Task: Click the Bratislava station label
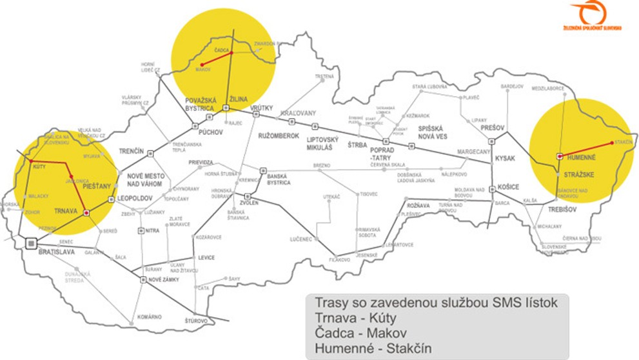click(56, 253)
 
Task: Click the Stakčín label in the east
click(623, 142)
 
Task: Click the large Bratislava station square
click(30, 243)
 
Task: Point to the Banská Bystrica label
click(279, 179)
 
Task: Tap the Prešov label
click(491, 128)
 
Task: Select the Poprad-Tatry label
click(382, 153)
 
